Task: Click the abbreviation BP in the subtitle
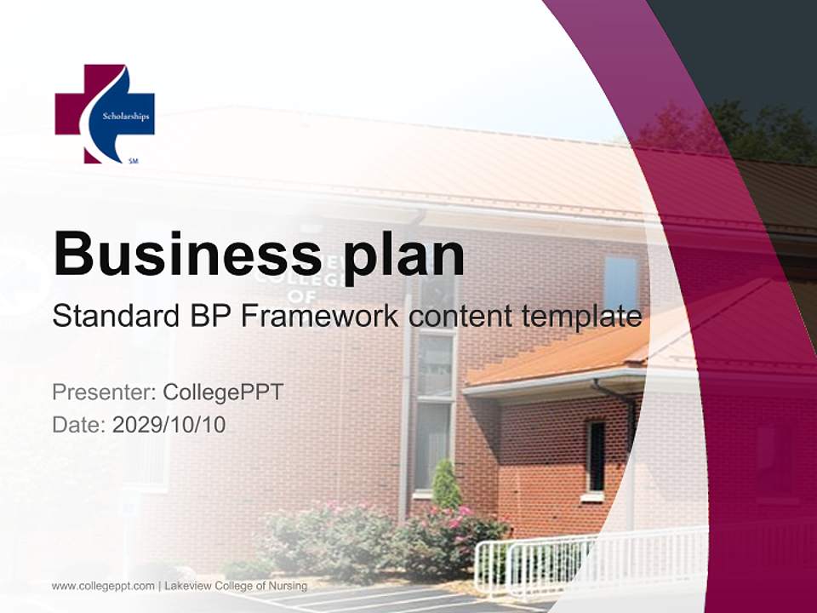(x=209, y=317)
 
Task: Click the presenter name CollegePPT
(x=223, y=392)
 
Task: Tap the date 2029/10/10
(x=169, y=424)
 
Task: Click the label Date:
(x=79, y=424)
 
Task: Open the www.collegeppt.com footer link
(x=103, y=586)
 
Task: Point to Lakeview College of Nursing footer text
(x=236, y=586)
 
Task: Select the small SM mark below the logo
(x=133, y=160)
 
